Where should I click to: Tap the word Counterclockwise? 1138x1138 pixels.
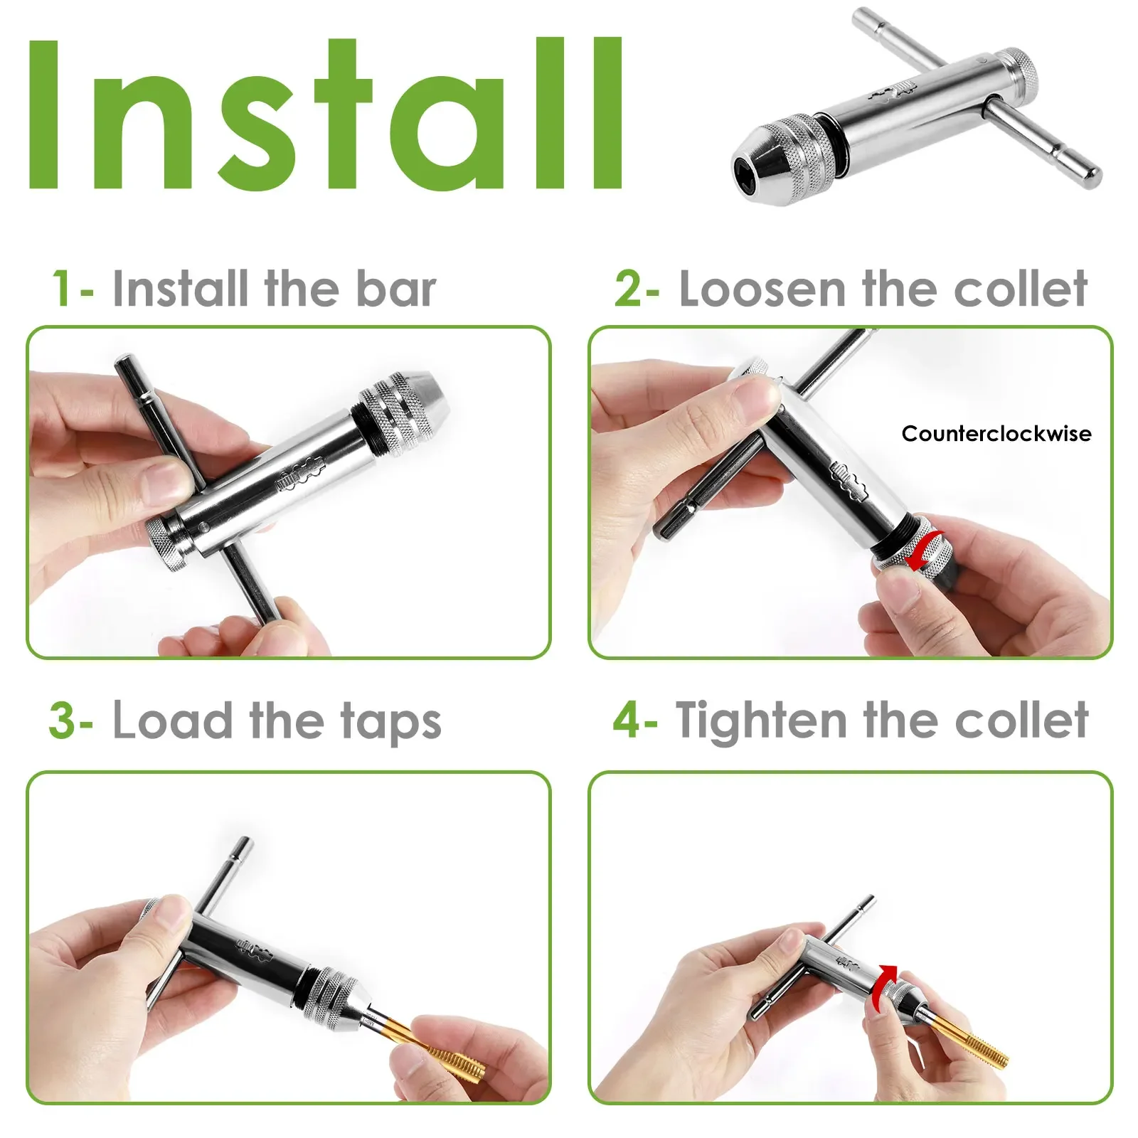pyautogui.click(x=996, y=434)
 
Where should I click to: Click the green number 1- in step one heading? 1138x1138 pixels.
pyautogui.click(x=71, y=289)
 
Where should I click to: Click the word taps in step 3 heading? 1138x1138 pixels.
pyautogui.click(x=390, y=723)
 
